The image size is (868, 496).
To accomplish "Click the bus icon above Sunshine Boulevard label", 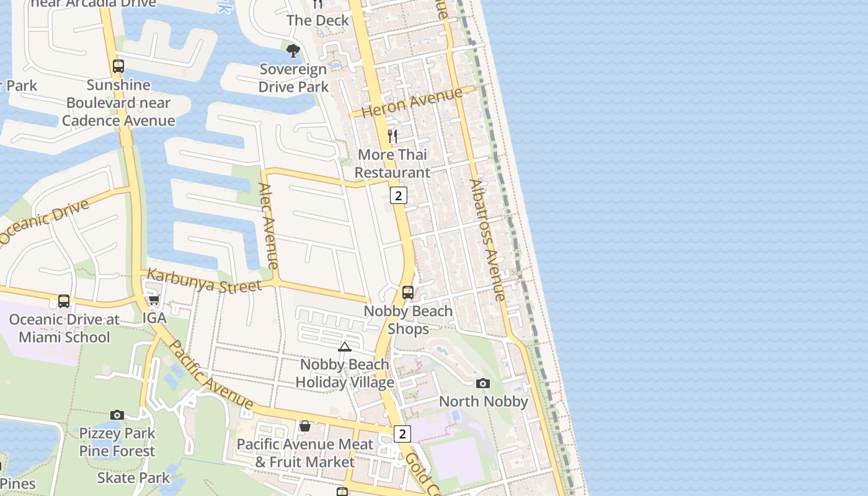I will click(118, 66).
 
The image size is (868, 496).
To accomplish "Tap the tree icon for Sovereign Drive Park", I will click(293, 51).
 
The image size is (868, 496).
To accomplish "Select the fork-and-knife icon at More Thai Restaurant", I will click(392, 136).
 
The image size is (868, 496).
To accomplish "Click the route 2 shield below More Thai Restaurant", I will click(398, 196).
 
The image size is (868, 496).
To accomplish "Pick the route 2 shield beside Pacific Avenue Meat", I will click(402, 433).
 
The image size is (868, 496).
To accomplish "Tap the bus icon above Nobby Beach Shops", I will click(408, 292).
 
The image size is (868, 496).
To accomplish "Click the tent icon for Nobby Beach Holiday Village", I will click(345, 347).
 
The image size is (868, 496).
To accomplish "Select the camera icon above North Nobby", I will click(483, 383).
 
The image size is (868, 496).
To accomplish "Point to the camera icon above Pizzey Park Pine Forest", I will click(117, 415).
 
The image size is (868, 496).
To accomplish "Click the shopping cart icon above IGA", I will click(154, 300).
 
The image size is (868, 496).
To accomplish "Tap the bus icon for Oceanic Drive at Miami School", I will click(64, 301).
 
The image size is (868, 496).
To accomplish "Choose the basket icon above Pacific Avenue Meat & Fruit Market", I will click(304, 426).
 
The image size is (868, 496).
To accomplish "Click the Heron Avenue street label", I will click(412, 102).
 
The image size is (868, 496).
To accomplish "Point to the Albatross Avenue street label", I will click(488, 241).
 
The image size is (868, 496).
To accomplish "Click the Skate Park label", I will click(133, 477).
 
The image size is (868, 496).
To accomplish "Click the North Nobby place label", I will click(484, 401).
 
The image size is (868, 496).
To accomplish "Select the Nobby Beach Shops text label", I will click(408, 319).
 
